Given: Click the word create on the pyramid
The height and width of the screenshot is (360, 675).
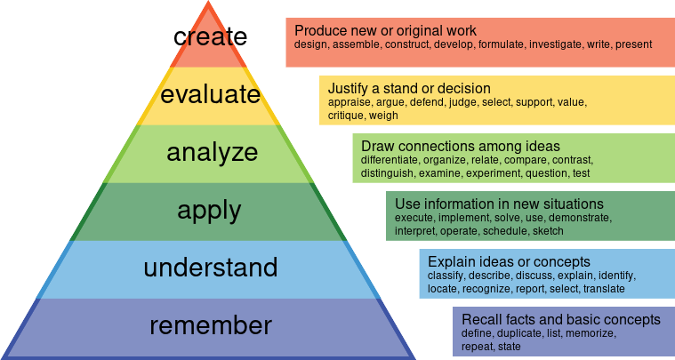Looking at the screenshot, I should [210, 36].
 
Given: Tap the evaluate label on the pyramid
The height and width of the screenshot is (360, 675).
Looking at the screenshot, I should [210, 94].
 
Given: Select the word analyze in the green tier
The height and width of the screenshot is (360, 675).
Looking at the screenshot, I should [212, 152].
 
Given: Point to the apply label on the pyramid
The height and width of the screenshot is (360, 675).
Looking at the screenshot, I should [209, 211].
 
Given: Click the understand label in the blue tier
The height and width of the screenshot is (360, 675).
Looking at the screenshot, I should [211, 267].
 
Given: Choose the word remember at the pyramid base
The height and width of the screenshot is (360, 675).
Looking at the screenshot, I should [210, 325].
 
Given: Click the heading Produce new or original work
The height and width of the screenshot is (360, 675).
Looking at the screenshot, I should [385, 30].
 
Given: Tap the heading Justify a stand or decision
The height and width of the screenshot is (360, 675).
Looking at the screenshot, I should [409, 88].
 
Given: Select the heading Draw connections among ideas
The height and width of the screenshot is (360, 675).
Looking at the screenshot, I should [461, 146].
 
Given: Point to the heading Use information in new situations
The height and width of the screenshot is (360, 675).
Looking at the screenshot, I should [499, 204].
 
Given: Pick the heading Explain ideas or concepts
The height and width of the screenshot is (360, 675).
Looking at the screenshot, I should [509, 261].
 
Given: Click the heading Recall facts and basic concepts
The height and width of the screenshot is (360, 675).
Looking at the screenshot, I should [561, 319].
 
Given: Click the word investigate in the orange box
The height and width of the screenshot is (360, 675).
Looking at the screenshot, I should [554, 44].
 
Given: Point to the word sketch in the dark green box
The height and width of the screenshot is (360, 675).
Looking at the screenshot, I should [548, 230].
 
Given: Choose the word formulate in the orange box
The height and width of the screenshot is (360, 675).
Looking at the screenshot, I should [503, 44].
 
